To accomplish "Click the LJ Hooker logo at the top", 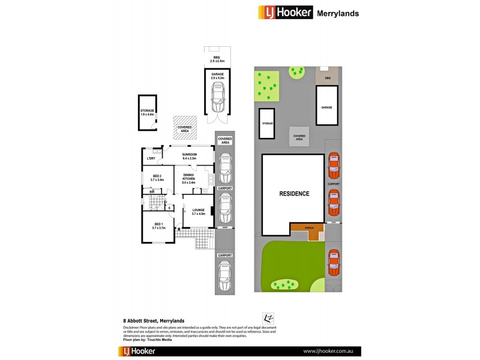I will point(285,13).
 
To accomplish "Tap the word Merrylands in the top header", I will point(338,13).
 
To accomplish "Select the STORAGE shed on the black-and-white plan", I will point(148,112).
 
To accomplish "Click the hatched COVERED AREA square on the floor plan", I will point(185,127).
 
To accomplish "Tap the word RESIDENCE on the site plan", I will point(294,194).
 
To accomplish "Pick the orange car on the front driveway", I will point(334,261).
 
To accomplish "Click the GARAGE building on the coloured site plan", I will point(326,106).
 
